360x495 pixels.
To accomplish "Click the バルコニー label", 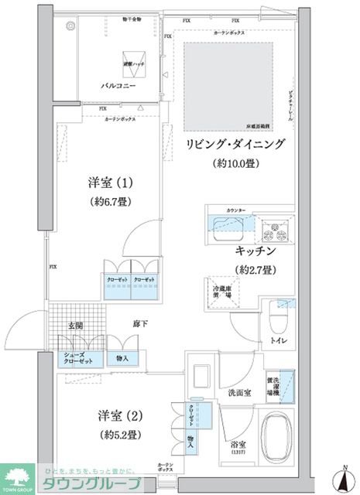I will (x=118, y=87).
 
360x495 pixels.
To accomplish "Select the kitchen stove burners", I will (x=274, y=229).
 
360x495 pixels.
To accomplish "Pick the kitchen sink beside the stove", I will (x=229, y=225).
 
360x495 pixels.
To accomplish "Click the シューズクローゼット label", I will (x=77, y=358).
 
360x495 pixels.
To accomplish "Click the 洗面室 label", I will (x=238, y=394).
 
